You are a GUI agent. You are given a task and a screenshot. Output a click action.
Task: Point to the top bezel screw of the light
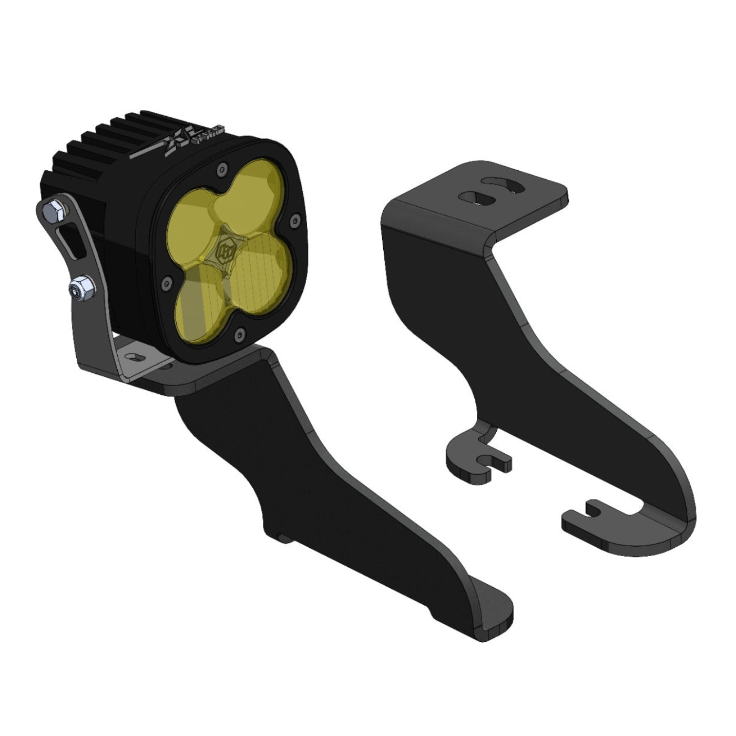221,168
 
